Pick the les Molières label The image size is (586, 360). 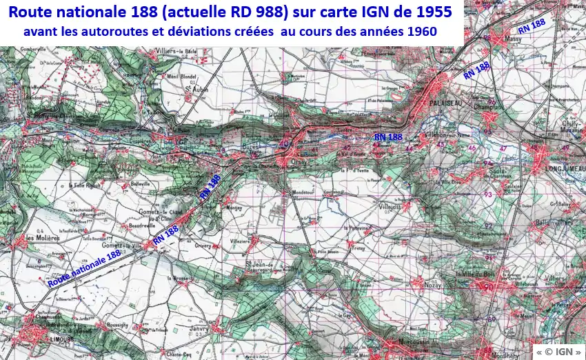39,238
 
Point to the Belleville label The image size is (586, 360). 141,186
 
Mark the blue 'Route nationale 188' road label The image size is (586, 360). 84,268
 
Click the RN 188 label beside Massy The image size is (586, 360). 532,25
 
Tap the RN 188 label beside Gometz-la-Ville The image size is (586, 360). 166,234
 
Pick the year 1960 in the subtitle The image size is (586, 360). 421,32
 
